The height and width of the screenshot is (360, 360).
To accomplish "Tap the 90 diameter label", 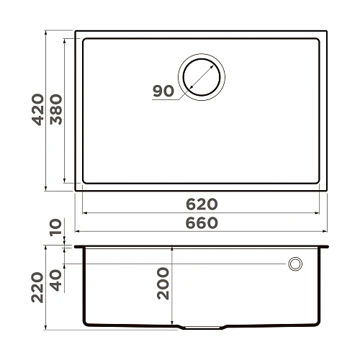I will pyautogui.click(x=163, y=91).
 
